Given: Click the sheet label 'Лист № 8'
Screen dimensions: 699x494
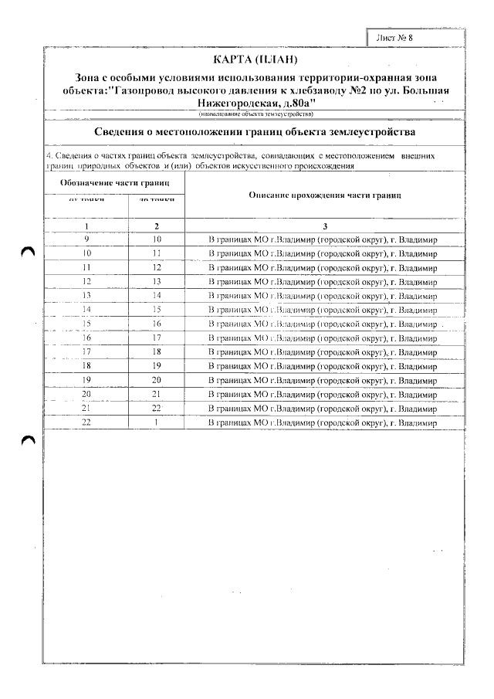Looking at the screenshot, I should (398, 37).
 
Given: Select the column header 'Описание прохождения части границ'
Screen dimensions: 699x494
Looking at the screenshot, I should (325, 195).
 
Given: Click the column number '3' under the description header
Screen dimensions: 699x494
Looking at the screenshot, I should (325, 226).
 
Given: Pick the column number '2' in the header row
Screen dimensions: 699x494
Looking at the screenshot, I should (157, 226).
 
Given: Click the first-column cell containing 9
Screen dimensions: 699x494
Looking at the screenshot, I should (86, 239).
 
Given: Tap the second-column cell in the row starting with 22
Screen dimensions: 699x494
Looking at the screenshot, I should (157, 422).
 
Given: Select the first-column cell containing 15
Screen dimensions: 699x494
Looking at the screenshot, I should (86, 324).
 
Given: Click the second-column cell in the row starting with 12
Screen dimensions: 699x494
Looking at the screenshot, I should (157, 281).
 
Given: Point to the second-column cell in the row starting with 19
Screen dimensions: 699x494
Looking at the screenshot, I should (157, 380).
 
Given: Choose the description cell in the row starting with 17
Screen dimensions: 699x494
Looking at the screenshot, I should (324, 351).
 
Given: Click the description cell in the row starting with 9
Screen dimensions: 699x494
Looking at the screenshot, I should (324, 239).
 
